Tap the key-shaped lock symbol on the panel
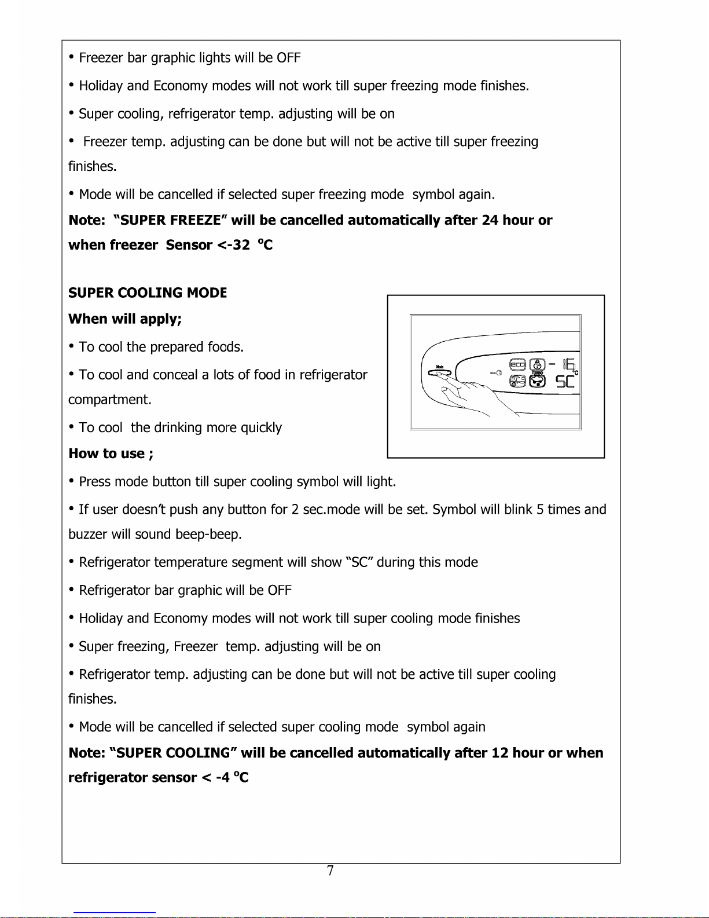[x=495, y=373]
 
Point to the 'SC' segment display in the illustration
[x=564, y=382]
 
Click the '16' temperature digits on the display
[x=568, y=364]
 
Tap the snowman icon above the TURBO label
[x=538, y=364]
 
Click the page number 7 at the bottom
[x=330, y=871]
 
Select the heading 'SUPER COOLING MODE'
[x=148, y=293]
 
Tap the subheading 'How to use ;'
[x=111, y=453]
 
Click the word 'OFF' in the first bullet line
[x=288, y=58]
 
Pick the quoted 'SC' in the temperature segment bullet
[x=359, y=562]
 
